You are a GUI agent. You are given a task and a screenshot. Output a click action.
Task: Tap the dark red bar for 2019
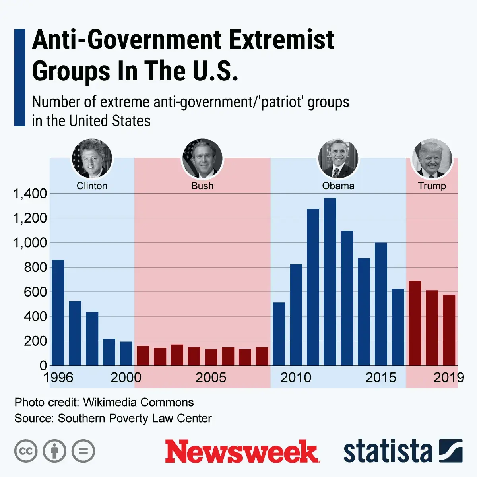coord(449,330)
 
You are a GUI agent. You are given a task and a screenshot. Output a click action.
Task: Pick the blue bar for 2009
coord(279,334)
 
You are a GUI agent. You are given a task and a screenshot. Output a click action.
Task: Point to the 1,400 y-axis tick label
coord(30,194)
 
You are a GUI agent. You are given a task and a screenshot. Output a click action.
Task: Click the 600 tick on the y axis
coord(35,292)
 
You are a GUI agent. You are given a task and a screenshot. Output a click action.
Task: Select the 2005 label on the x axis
coord(211,378)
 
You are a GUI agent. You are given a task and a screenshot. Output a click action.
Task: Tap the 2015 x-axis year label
coord(381,378)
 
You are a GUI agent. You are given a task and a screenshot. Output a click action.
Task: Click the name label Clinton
coord(92,186)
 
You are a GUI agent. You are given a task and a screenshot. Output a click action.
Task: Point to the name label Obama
coord(338,186)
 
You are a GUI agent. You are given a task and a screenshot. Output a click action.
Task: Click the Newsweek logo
coord(242,452)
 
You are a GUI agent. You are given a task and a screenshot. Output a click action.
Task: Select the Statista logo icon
coord(451,451)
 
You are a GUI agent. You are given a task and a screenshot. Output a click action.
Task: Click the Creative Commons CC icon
coord(26,451)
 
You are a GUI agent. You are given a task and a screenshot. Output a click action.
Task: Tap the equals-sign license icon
coord(83,451)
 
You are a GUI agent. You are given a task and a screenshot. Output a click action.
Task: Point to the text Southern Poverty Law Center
coord(135,419)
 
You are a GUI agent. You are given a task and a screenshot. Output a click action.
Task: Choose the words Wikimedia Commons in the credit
coord(138,402)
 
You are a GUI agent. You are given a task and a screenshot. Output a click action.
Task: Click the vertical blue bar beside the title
coord(19,78)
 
